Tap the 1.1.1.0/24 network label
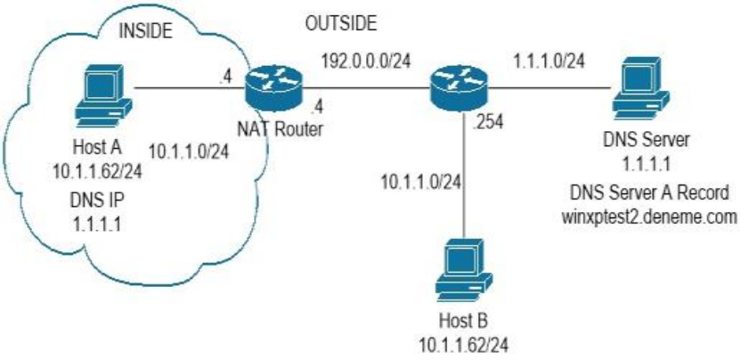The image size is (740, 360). click(550, 63)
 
